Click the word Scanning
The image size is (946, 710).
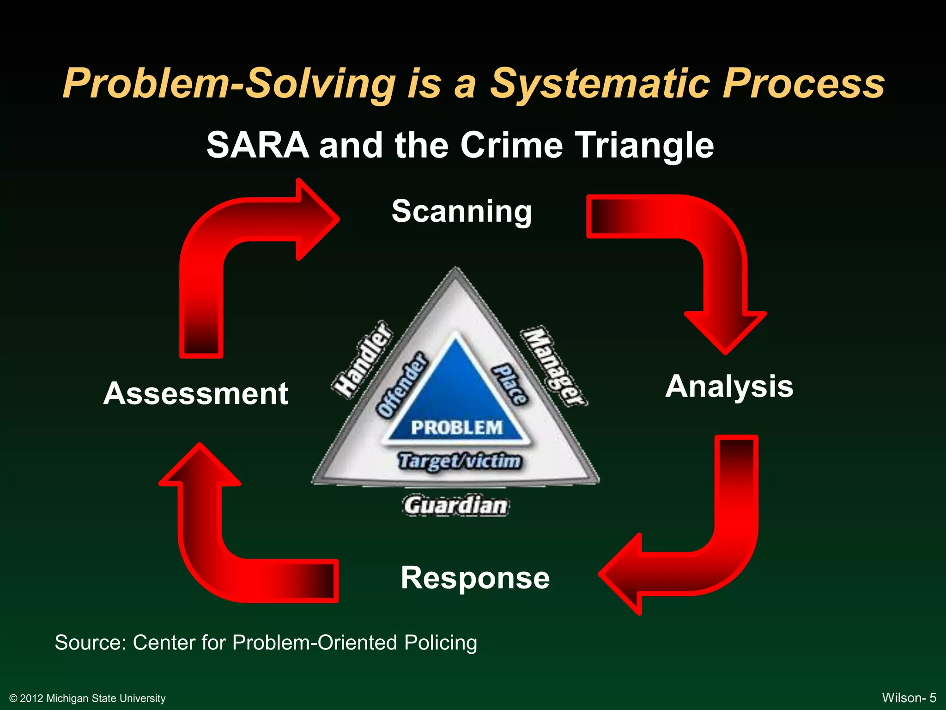pos(461,212)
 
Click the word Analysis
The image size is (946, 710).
pos(729,386)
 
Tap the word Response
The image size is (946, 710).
pos(475,578)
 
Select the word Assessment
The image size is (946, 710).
pos(196,394)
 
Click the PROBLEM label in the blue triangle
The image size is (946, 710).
pos(456,428)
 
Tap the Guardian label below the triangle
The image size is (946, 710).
pos(455,505)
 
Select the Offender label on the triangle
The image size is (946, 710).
pos(400,385)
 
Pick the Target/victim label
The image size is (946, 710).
pos(460,461)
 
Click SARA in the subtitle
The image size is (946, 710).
pos(257,146)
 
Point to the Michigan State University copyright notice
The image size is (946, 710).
pos(87,698)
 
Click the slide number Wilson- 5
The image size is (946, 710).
pos(909,698)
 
